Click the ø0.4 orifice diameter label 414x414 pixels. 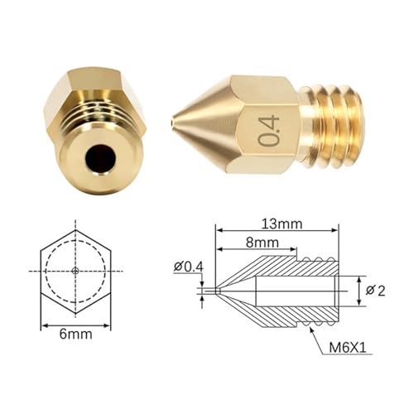click(188, 267)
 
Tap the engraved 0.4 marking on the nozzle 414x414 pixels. click(270, 130)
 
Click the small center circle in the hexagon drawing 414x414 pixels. click(75, 271)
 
